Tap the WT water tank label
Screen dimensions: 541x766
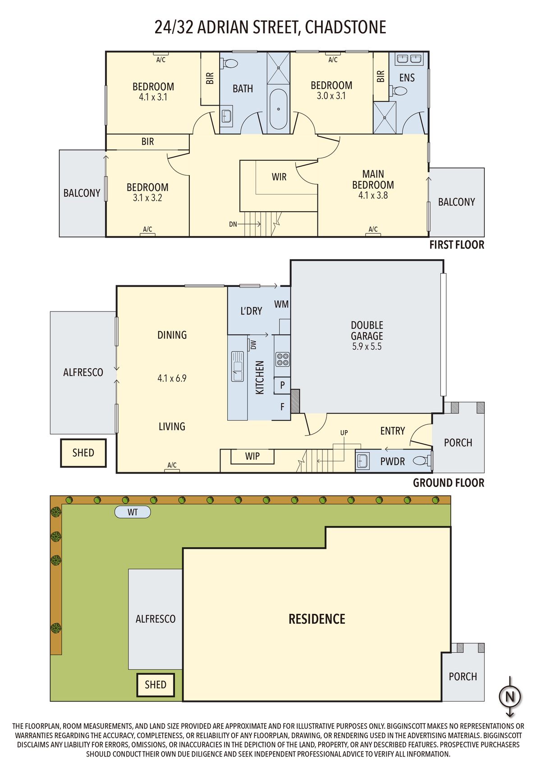133,512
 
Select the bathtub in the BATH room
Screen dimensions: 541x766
279,109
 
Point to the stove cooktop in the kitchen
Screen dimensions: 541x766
283,359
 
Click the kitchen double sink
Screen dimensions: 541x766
238,366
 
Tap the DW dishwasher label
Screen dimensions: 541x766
253,345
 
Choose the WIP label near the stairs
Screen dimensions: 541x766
252,456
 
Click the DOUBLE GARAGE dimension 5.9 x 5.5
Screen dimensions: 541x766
367,346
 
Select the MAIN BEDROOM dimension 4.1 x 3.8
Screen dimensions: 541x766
373,195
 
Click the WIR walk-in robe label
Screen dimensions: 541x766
279,177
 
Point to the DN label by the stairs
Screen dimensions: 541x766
233,224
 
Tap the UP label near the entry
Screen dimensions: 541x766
344,432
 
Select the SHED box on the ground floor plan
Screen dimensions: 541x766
83,453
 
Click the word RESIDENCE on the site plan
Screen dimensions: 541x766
317,619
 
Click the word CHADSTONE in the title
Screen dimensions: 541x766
345,28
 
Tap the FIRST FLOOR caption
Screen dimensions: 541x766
457,245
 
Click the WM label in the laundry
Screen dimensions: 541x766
281,304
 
